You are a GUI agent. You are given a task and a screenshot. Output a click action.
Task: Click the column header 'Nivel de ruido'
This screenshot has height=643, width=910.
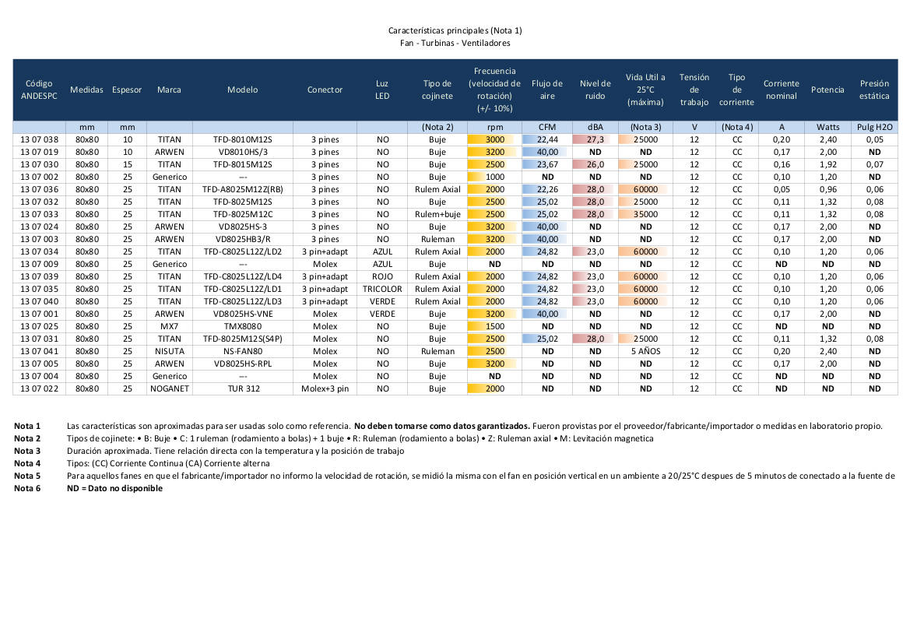click(595, 90)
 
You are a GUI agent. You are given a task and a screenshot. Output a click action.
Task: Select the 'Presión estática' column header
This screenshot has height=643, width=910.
click(874, 90)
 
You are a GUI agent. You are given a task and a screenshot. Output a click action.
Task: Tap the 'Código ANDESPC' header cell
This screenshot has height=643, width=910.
click(39, 90)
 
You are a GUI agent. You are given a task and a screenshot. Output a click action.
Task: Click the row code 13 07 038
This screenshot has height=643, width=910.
click(39, 139)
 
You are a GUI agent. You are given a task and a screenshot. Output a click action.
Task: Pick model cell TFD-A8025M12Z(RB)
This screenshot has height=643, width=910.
click(242, 189)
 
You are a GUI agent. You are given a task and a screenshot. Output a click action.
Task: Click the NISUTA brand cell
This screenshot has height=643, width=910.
click(169, 351)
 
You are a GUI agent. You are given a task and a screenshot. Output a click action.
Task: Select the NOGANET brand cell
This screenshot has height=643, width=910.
click(169, 388)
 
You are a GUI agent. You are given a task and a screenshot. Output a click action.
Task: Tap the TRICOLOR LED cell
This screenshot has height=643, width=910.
click(382, 289)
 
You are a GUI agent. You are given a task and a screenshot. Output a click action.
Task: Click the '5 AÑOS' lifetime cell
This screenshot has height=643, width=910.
click(645, 351)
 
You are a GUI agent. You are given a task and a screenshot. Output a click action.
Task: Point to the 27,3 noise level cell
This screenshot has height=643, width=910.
click(595, 139)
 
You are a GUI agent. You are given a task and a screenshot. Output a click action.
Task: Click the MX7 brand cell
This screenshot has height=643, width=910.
click(169, 326)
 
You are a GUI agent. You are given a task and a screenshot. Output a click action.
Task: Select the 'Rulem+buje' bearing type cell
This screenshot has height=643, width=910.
click(437, 214)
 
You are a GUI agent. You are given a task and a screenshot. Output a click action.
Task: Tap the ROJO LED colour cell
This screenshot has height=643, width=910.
click(382, 276)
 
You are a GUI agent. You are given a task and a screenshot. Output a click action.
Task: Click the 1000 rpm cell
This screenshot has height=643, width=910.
click(495, 177)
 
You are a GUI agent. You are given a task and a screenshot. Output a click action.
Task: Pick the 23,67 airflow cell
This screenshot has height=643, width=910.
click(547, 164)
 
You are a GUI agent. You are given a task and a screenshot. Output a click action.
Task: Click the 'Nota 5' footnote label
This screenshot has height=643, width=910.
click(27, 476)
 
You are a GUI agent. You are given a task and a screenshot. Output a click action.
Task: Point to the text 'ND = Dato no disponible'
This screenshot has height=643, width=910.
click(115, 488)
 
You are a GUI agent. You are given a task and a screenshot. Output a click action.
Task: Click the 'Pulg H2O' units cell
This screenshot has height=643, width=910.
click(874, 127)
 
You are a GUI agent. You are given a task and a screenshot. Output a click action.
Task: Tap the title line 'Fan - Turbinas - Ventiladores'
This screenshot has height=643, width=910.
click(455, 43)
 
